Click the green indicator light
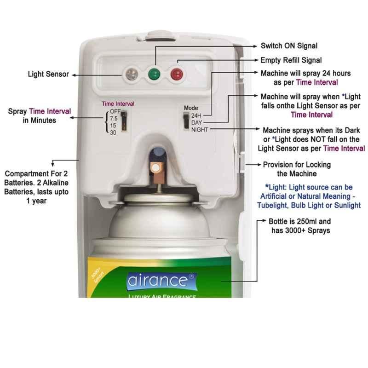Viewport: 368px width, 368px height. click(x=154, y=74)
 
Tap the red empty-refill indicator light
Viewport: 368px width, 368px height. click(x=177, y=74)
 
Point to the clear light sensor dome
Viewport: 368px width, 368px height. click(x=132, y=74)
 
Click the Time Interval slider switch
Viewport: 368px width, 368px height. click(x=124, y=121)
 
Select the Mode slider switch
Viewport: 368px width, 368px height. click(x=186, y=121)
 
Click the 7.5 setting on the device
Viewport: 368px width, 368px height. click(x=114, y=119)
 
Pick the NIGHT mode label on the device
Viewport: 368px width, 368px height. click(x=200, y=130)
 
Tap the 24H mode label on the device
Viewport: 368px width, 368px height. click(x=196, y=115)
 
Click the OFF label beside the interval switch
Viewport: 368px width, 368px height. click(x=115, y=111)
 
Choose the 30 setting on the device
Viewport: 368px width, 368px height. click(x=113, y=132)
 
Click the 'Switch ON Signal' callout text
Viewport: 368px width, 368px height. click(x=289, y=46)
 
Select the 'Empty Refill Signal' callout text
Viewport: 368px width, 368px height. click(x=291, y=60)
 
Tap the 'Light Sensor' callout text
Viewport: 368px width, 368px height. click(x=48, y=74)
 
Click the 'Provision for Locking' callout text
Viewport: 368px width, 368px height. click(x=297, y=165)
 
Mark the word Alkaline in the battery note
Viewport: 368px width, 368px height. click(x=56, y=183)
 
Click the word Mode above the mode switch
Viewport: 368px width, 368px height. click(x=191, y=108)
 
